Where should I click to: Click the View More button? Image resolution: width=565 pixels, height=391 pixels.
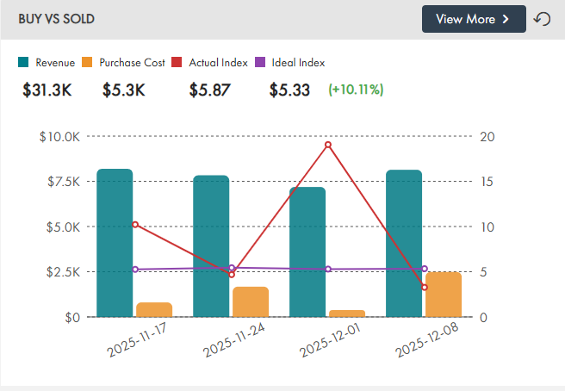click(x=473, y=19)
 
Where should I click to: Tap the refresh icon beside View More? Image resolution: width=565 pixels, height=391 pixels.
click(x=543, y=19)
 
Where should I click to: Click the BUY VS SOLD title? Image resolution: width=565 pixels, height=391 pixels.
click(x=57, y=19)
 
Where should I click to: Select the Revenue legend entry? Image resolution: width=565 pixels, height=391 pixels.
click(x=47, y=62)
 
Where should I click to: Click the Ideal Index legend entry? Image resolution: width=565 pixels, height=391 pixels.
click(x=289, y=62)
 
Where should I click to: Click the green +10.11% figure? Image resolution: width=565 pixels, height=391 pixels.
click(x=356, y=90)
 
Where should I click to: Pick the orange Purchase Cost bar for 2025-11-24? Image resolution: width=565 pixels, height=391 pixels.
click(x=251, y=301)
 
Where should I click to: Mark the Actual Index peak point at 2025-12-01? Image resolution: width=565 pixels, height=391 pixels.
click(x=328, y=144)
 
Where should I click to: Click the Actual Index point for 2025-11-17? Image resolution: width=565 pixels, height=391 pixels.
click(x=135, y=225)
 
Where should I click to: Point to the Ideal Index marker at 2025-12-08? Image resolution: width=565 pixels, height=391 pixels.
click(x=425, y=269)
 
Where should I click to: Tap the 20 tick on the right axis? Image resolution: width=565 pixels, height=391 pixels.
click(x=487, y=136)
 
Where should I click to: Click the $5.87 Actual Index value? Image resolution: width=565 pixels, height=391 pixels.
click(x=208, y=90)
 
